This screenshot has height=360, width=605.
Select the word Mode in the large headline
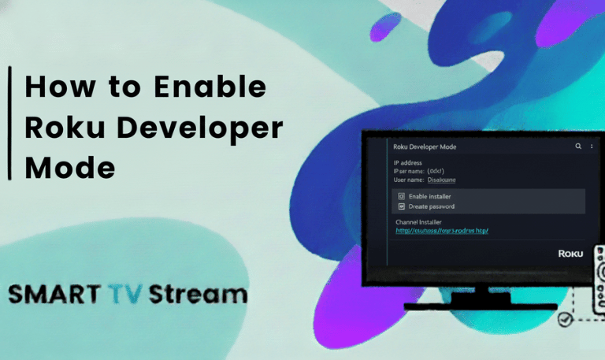(69, 169)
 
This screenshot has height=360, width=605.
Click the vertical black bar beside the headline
(9, 123)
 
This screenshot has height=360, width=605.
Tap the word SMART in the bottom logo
(50, 295)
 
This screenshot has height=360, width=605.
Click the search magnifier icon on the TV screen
(578, 147)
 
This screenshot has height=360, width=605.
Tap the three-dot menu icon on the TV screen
(592, 147)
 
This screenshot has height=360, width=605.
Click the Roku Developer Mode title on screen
(425, 147)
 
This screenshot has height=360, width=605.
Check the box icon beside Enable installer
(401, 196)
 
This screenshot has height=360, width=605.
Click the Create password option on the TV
(431, 206)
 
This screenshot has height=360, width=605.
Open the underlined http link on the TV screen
(442, 231)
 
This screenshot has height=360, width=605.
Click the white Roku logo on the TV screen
(570, 254)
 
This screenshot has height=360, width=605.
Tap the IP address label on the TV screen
(408, 163)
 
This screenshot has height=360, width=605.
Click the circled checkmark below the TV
(564, 321)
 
